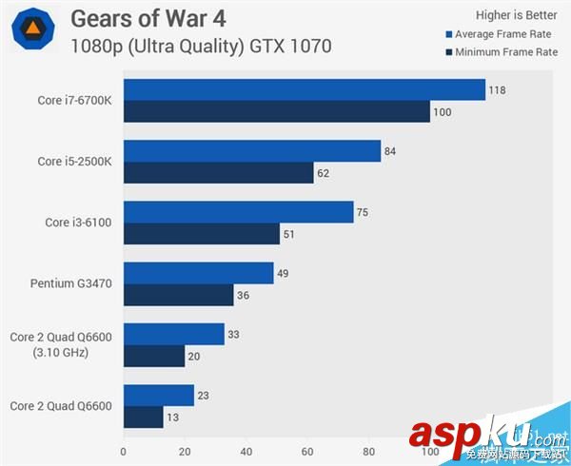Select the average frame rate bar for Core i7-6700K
tap(305, 89)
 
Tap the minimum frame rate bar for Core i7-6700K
tap(277, 112)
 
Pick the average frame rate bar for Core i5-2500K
tap(252, 150)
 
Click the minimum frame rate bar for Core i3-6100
tap(202, 234)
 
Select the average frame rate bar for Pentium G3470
tap(198, 273)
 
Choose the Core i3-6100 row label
tap(79, 223)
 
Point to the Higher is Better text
tap(517, 14)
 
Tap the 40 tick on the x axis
tap(246, 454)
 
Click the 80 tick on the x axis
tap(370, 454)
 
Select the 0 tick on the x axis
tap(124, 454)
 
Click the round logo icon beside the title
tap(31, 30)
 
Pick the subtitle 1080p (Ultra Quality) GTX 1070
tap(200, 46)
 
